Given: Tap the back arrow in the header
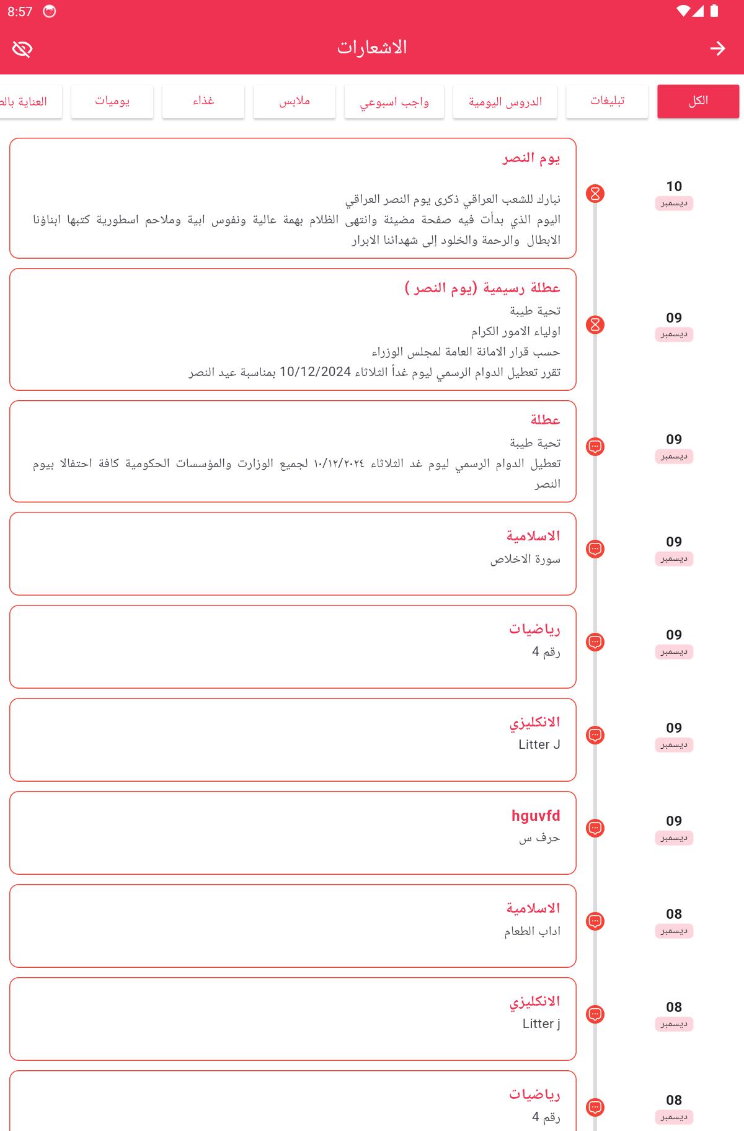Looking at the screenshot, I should tap(717, 48).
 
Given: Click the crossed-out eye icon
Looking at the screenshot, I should tap(22, 49).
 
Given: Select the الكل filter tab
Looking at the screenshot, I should tap(698, 101).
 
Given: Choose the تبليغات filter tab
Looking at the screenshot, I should tap(607, 101).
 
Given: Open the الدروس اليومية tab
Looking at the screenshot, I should tap(505, 101).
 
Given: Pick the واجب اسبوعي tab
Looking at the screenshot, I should tap(394, 101).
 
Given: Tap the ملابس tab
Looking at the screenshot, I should tap(294, 101).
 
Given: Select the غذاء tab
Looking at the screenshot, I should tap(203, 101).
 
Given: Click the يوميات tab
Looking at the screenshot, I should tap(112, 101).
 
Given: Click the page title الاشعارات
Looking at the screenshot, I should tap(372, 48).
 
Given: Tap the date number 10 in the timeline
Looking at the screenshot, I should tap(674, 186).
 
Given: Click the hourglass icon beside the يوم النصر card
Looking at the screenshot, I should tap(595, 194).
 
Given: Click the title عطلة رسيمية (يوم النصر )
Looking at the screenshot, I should tap(482, 288).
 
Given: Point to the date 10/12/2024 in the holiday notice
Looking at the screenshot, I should tap(315, 372).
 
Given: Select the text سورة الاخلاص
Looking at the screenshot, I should tap(525, 559).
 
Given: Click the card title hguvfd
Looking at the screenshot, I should tap(536, 815).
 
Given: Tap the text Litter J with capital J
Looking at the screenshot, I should tap(539, 744).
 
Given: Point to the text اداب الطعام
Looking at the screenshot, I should tap(532, 931).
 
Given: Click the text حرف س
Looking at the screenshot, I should tap(539, 838).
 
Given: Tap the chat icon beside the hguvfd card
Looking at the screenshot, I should tap(595, 828).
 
